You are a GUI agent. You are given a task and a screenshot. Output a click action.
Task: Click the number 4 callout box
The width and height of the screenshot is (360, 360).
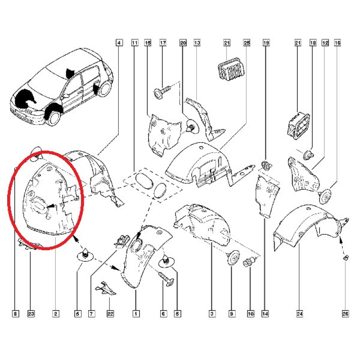[119, 43]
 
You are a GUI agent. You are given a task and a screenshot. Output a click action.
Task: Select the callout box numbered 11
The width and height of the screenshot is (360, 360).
[135, 43]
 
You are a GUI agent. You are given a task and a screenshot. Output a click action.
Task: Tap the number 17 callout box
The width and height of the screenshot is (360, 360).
[163, 43]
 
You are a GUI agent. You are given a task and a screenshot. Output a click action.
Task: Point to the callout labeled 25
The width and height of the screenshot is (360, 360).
[247, 43]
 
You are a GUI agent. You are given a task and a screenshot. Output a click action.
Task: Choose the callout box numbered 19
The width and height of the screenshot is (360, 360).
[266, 43]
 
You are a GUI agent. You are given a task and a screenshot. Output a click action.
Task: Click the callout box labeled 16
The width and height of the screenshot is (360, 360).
[337, 43]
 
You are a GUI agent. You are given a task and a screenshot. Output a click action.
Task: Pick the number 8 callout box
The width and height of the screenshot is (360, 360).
[15, 314]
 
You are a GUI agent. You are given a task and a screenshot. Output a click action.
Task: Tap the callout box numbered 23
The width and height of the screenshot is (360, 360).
[31, 314]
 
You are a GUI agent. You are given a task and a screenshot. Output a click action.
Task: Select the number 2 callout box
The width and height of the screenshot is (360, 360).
[55, 314]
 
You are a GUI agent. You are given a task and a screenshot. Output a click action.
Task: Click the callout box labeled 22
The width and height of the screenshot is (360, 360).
[110, 314]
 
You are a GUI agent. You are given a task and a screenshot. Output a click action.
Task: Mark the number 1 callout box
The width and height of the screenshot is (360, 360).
[136, 314]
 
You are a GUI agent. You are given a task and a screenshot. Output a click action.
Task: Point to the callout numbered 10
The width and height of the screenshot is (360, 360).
[251, 314]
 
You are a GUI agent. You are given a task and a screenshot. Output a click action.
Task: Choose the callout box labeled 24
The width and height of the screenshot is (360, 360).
[300, 314]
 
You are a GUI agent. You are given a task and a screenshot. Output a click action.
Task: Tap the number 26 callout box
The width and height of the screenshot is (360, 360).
[345, 314]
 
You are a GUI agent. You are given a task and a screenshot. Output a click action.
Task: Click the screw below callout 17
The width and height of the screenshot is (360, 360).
[162, 91]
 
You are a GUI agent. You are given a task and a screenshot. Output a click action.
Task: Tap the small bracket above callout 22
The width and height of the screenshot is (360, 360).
[106, 288]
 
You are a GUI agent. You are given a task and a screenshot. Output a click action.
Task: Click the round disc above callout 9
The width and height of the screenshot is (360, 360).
[233, 257]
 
